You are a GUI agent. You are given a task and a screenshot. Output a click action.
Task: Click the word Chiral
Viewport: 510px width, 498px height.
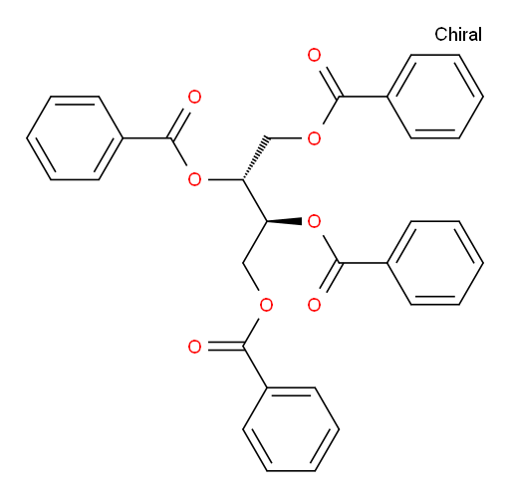coord(458,35)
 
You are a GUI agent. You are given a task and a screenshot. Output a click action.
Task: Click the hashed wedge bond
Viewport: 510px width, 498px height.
coord(255,158)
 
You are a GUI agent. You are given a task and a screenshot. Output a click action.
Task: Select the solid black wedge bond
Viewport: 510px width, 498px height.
coord(284,221)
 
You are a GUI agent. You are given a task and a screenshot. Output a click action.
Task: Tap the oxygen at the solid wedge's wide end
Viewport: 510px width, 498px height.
coord(314,221)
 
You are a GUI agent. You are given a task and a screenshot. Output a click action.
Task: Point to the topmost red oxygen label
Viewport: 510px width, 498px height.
coord(314,55)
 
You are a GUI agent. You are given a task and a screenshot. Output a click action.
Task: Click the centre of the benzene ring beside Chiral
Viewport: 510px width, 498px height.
coord(435,97)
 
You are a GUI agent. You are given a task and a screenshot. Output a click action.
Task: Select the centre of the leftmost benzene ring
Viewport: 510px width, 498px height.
coord(75,138)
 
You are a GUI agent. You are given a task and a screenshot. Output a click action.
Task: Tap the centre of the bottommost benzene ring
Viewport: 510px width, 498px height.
coord(291,429)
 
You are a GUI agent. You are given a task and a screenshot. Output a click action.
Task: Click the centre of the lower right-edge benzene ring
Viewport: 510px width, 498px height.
coord(435,263)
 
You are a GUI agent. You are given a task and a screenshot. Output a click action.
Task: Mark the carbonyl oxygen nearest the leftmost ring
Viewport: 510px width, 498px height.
coord(194,97)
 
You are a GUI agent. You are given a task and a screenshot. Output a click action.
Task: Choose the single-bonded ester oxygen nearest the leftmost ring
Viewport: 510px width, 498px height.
coord(194,180)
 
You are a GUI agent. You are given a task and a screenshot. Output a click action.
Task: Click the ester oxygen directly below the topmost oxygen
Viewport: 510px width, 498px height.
coord(314,138)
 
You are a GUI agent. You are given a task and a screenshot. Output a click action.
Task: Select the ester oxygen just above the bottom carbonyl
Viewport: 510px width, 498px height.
coord(266,305)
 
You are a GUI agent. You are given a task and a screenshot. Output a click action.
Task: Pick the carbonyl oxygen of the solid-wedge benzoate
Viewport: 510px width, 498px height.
coord(314,305)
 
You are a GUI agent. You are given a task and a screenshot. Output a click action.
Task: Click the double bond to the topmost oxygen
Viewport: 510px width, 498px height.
coord(330,82)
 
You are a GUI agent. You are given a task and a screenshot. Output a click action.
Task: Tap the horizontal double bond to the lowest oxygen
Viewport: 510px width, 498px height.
coord(226,346)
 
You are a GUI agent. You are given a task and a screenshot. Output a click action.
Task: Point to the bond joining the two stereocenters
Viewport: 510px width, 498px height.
coord(255,200)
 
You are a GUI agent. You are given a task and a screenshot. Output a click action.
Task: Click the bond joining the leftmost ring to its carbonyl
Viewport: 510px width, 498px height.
coord(146,138)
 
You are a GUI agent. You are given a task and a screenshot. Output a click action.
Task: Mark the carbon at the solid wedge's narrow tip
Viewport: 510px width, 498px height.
coord(267,221)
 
